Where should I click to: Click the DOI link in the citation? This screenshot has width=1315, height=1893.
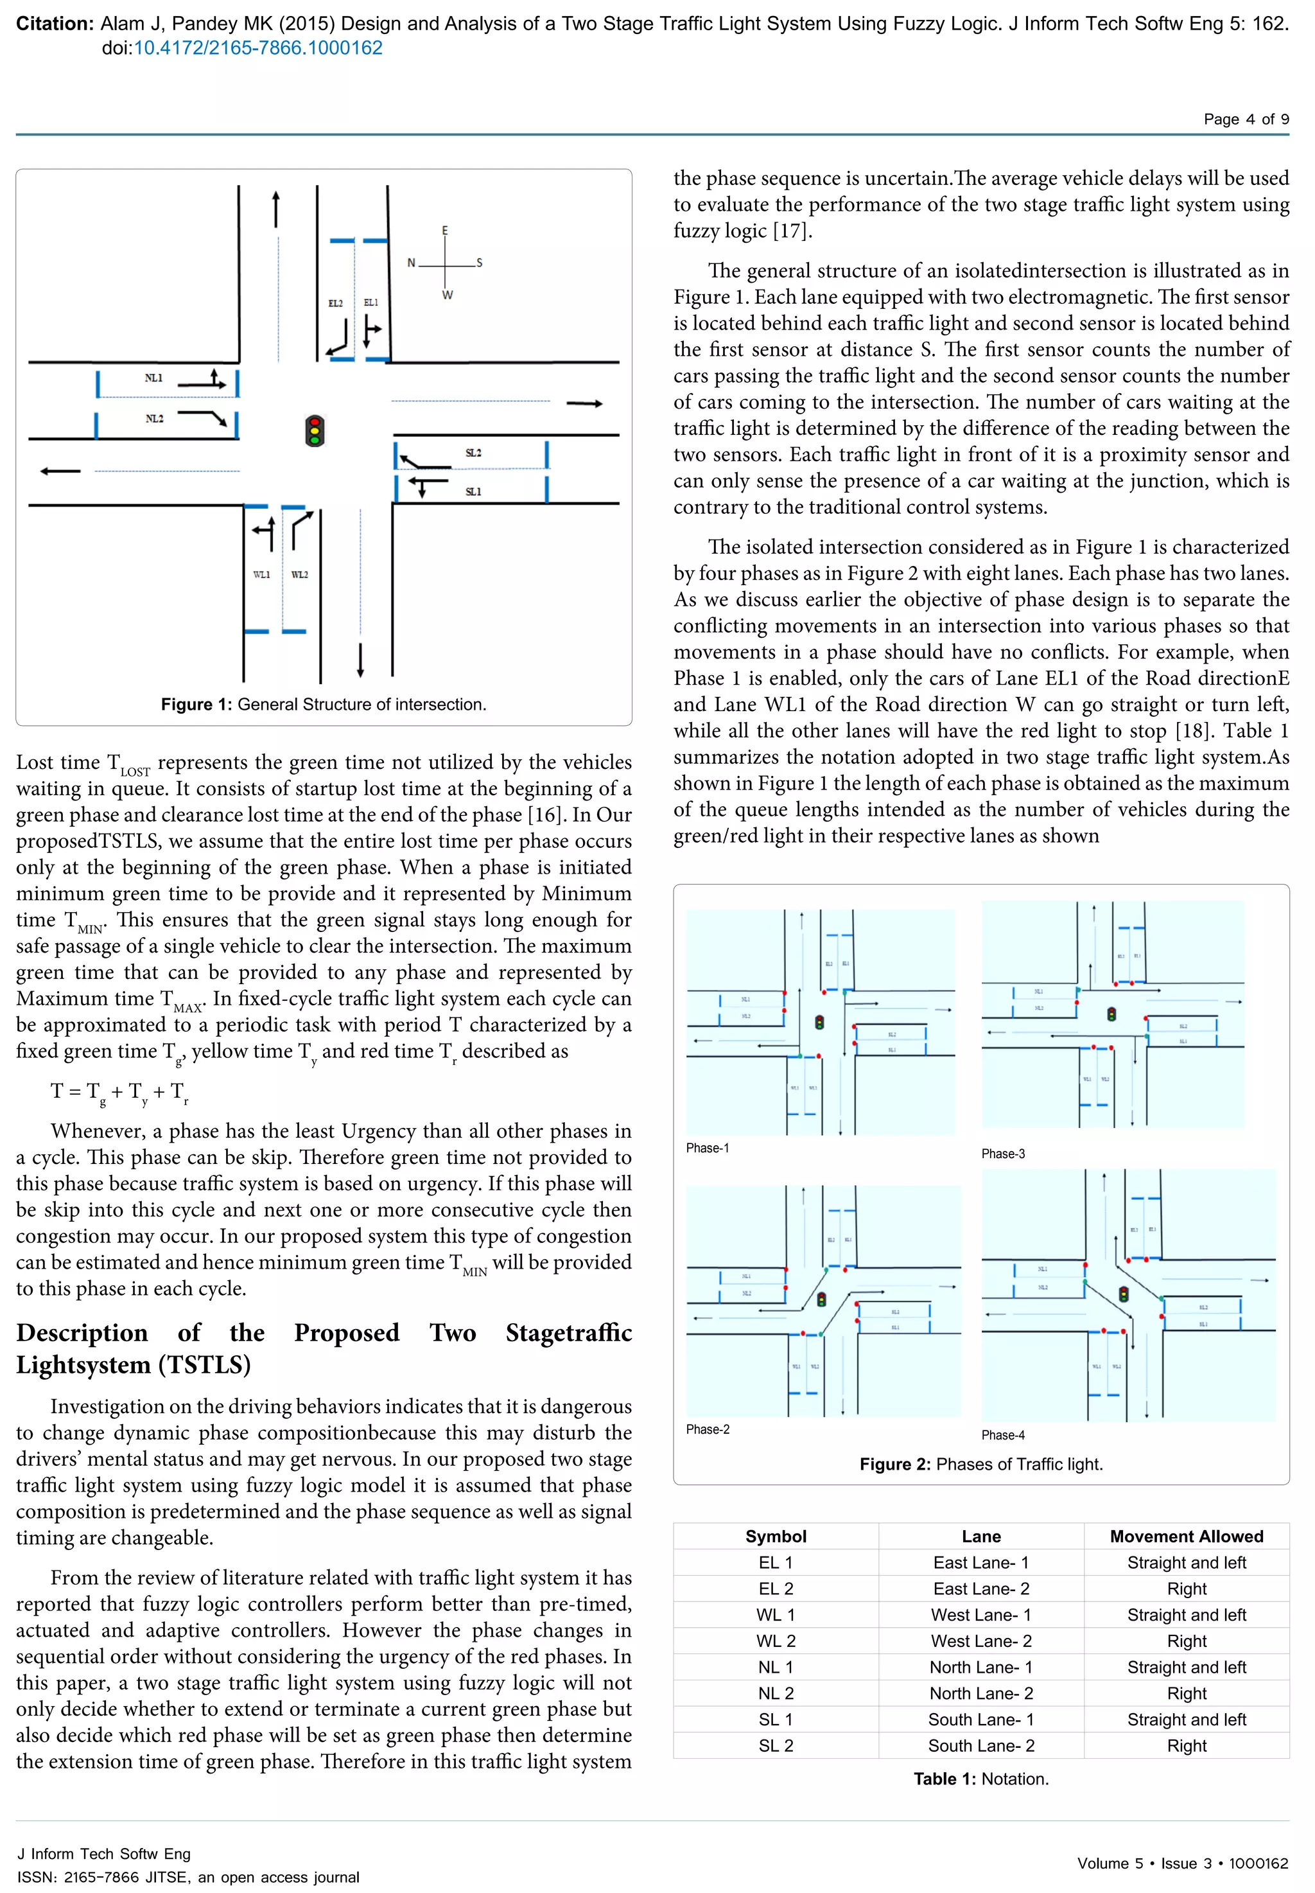coord(258,48)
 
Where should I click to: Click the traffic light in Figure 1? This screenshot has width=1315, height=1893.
coord(314,430)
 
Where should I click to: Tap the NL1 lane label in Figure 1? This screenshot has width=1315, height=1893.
coord(154,378)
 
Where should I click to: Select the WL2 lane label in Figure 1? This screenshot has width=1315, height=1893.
coord(299,574)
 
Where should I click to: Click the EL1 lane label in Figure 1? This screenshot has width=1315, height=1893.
coord(370,303)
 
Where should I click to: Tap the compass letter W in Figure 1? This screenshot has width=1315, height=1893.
coord(446,295)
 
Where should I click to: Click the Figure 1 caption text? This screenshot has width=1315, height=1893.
coord(324,704)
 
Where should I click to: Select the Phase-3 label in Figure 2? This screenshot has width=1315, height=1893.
coord(1003,1153)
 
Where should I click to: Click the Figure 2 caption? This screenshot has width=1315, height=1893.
coord(980,1464)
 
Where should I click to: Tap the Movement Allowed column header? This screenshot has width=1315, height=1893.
coord(1186,1535)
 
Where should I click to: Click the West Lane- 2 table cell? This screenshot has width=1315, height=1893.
coord(980,1640)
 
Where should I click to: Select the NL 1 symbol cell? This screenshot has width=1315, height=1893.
coord(775,1666)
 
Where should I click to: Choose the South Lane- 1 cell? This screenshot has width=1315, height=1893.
coord(980,1718)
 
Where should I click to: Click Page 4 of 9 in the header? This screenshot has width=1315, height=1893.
coord(1246,119)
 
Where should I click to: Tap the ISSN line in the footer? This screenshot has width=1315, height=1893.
coord(188,1876)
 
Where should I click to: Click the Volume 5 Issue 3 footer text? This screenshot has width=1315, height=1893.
coord(1181,1863)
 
